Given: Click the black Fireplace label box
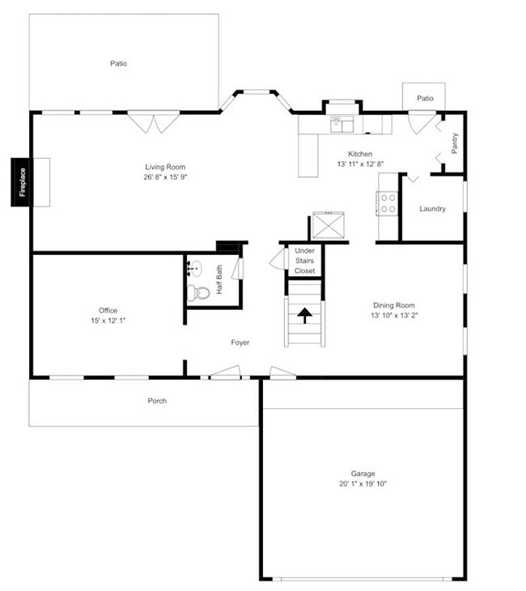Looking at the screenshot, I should tap(21, 182).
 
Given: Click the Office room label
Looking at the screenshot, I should tap(108, 310).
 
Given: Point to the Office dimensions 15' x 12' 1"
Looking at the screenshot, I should tap(108, 321).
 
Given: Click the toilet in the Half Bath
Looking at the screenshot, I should tap(197, 293).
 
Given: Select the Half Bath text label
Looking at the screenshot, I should tap(220, 280).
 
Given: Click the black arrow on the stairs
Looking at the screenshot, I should tap(305, 315).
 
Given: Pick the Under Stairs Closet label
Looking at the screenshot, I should tap(305, 261).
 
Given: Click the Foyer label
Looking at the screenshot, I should tap(240, 342).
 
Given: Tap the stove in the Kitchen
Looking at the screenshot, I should tap(387, 203).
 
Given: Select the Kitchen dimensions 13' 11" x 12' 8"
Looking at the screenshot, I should tap(360, 164).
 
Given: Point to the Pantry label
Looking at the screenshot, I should tap(455, 143).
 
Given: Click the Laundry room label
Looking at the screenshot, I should tap(433, 209).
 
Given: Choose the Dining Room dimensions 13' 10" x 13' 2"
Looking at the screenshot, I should tap(394, 315).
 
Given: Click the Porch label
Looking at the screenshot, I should tap(157, 401).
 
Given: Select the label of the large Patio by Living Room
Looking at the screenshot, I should tap(119, 63).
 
